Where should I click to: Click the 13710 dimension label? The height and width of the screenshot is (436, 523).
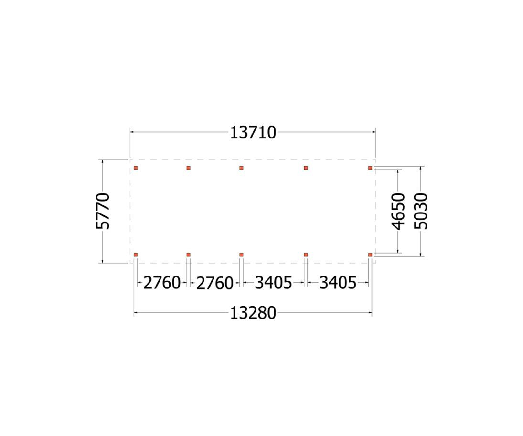point(253,133)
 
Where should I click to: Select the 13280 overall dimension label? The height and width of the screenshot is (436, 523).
point(253,313)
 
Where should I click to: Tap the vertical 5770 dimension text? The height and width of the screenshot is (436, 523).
point(103,211)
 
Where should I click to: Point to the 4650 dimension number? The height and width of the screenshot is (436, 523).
point(398,211)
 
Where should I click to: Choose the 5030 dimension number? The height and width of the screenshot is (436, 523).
point(421,211)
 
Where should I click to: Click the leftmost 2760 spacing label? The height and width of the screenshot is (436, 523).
point(162,283)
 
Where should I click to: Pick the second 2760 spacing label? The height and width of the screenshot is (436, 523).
point(214,283)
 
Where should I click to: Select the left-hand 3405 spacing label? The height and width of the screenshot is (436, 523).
point(274,283)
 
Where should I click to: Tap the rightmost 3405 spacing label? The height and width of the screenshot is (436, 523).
point(338,283)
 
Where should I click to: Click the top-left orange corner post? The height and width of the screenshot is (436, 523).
point(136,168)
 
